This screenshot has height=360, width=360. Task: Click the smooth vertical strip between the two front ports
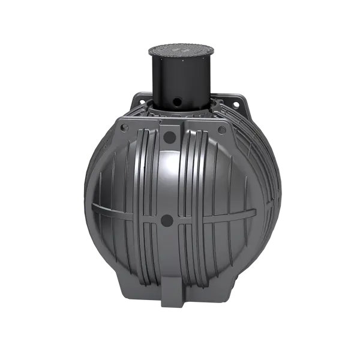click(x=169, y=180)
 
